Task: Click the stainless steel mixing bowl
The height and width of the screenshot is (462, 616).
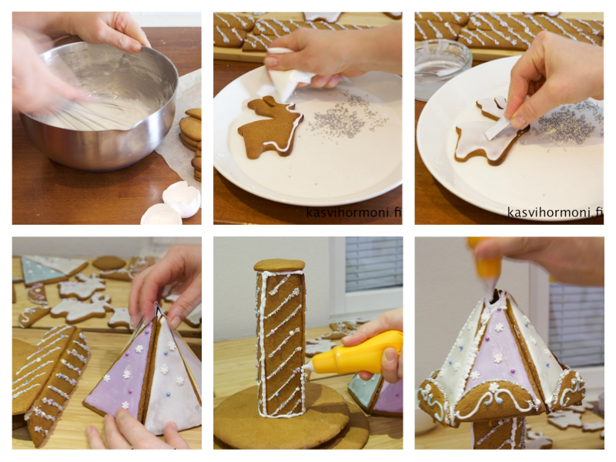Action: (x=99, y=106)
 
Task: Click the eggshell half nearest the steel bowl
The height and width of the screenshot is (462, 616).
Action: (x=182, y=199)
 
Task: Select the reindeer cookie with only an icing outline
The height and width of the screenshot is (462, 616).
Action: (x=270, y=128)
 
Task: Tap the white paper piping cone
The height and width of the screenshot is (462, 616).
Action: (x=289, y=75)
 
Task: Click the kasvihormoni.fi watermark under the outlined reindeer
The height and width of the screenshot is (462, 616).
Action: (x=353, y=213)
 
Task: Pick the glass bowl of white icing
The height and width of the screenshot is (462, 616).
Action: (x=442, y=68)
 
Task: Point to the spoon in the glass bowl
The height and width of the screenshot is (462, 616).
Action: (x=432, y=73)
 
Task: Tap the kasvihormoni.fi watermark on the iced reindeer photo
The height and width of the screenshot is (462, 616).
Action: (x=555, y=213)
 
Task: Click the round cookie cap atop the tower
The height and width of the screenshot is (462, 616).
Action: (x=280, y=265)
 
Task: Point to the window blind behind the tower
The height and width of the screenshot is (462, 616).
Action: (x=374, y=264)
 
